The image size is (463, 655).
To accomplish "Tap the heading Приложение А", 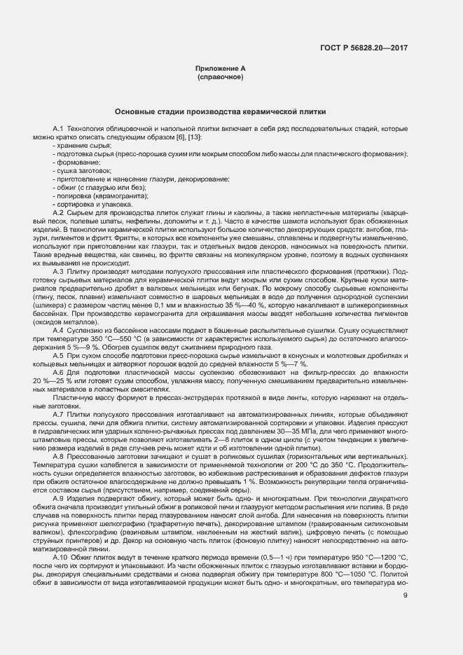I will pos(221,68).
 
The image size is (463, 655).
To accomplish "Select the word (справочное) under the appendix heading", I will pos(221,76).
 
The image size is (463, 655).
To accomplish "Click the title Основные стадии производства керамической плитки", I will pos(221,112).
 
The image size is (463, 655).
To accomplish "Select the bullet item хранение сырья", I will pos(79,145).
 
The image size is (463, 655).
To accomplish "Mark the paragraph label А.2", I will pos(59,212).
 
